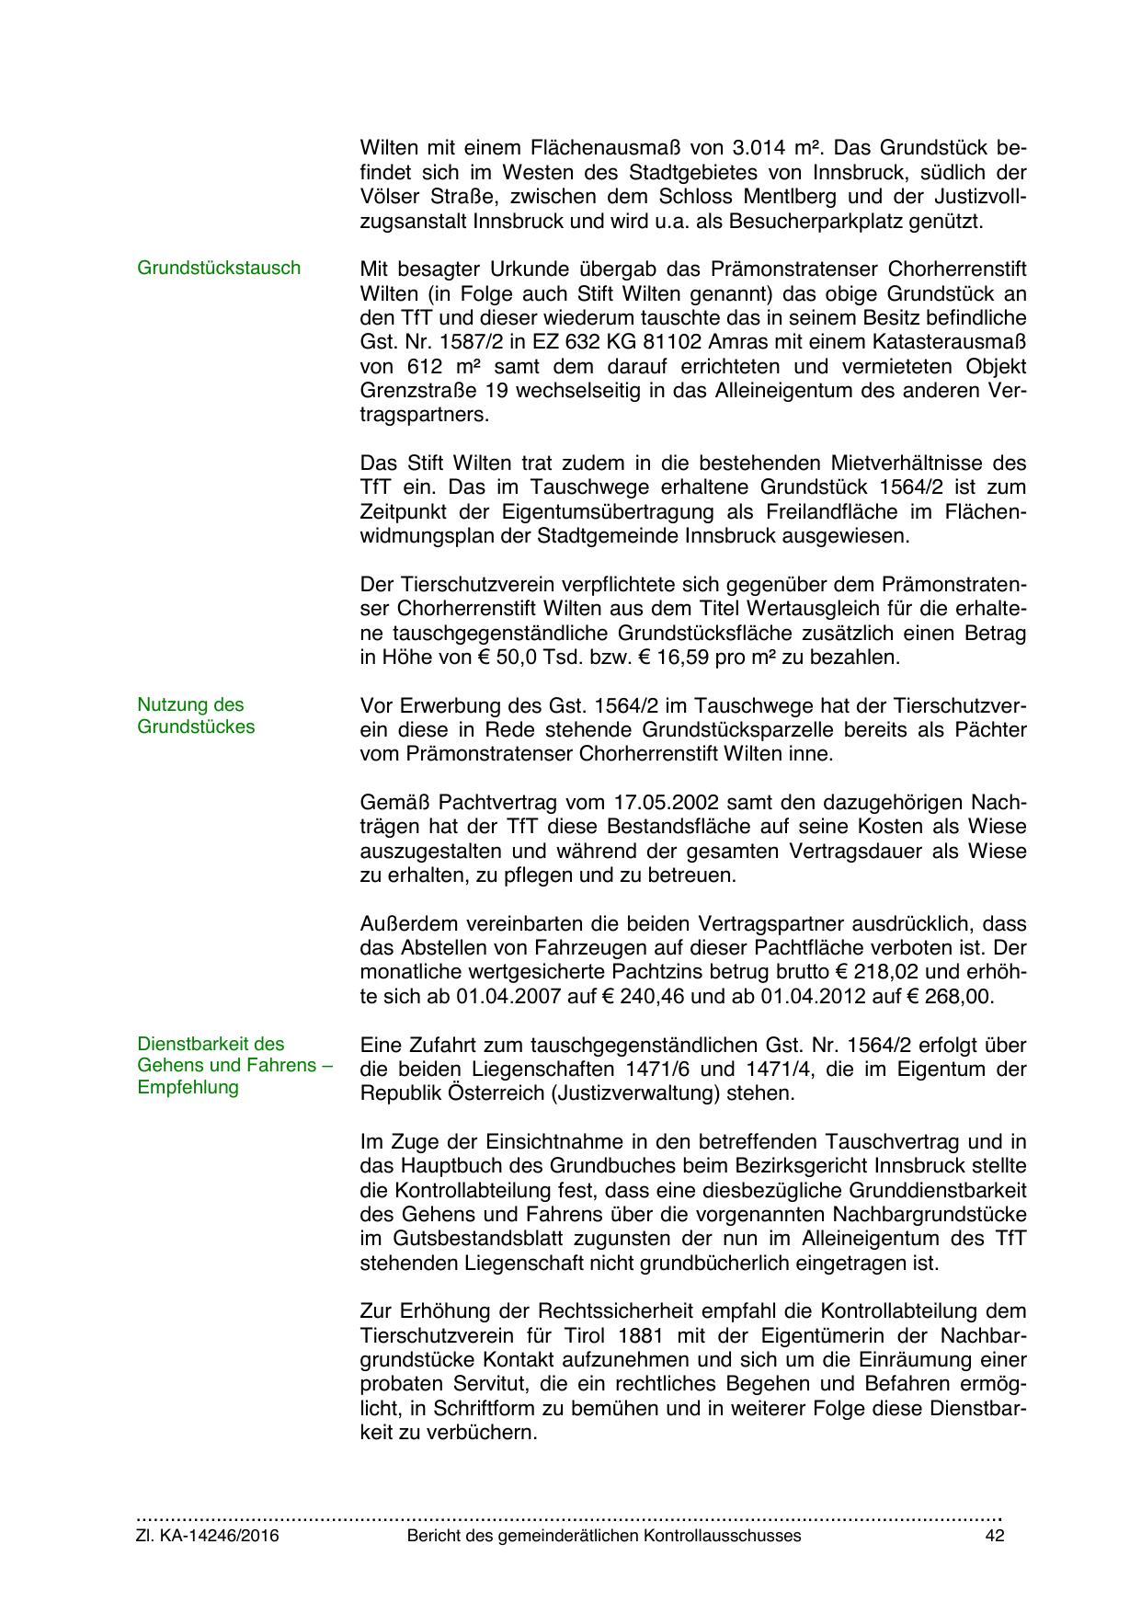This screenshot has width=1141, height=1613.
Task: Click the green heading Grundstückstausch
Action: click(219, 268)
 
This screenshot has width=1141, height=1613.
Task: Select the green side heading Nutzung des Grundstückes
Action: click(195, 715)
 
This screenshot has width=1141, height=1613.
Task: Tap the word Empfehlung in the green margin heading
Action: click(188, 1087)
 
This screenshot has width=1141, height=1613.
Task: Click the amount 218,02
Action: click(885, 972)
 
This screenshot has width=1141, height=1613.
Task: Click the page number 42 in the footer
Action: click(994, 1536)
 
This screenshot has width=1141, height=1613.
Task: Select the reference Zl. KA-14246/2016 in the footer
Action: click(208, 1536)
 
